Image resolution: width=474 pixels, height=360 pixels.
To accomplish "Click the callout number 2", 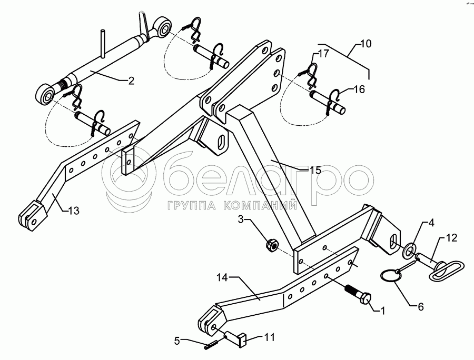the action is point(131,81).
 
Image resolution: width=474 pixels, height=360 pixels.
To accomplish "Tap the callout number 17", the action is point(323,54).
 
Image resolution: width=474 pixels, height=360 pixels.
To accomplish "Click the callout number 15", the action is point(315,170).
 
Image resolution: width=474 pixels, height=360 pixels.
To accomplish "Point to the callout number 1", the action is point(381,311).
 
